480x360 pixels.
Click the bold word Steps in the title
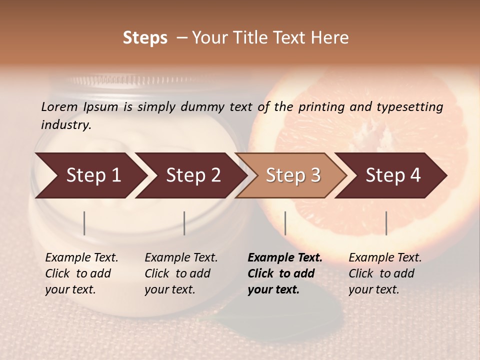[x=145, y=38]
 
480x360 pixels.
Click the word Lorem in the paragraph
[x=59, y=107]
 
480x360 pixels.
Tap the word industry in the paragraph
[x=66, y=125]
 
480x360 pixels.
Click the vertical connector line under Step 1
[x=84, y=223]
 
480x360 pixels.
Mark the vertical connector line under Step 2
[x=184, y=223]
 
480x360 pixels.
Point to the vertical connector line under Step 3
[x=285, y=223]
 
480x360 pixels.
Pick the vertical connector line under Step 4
[x=386, y=223]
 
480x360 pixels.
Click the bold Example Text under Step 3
[x=285, y=273]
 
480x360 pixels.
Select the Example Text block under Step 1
[x=81, y=273]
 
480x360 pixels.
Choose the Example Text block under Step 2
[x=181, y=273]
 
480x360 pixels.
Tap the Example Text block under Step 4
[x=385, y=273]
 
